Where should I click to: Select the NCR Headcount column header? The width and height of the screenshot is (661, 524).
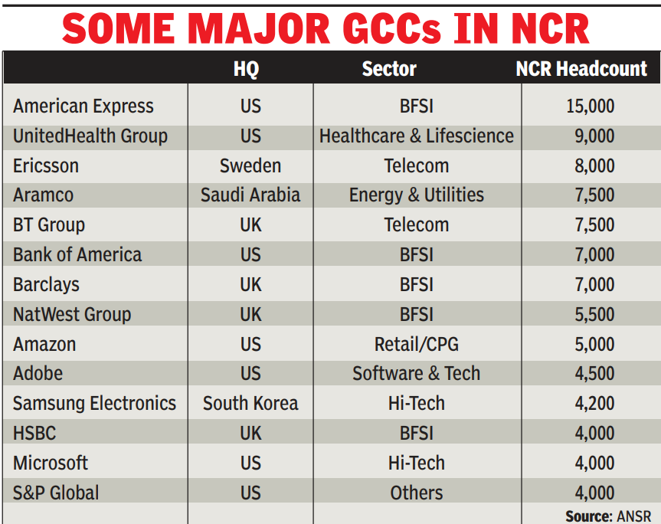coord(581,69)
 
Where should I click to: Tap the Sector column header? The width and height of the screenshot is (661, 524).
coord(389,69)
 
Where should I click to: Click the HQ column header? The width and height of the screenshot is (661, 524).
coord(246,69)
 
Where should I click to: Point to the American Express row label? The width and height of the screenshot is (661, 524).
coord(83,106)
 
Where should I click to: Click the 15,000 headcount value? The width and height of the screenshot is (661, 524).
coord(590,106)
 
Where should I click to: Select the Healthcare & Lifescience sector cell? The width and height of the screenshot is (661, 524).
coord(417,136)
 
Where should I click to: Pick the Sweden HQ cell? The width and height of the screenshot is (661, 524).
coord(250,166)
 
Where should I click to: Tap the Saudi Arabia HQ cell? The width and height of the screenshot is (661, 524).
coord(250,195)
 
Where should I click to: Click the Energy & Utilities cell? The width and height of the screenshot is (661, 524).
coord(417,195)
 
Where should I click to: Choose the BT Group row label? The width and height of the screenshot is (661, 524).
coord(49,225)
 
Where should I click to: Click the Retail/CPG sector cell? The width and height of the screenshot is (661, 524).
coord(417,344)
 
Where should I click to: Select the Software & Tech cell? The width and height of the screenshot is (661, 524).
coord(417,374)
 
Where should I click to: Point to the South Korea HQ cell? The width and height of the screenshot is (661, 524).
coord(250,404)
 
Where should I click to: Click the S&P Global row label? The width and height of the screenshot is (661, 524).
coord(56,493)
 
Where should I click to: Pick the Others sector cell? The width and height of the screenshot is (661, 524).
coord(417,493)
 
